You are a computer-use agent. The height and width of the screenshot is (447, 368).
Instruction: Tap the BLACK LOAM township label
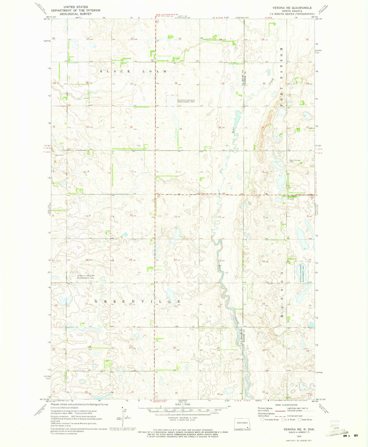click(133, 71)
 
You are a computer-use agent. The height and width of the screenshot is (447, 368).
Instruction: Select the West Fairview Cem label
click(295, 161)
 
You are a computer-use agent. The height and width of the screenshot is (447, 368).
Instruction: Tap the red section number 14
click(175, 260)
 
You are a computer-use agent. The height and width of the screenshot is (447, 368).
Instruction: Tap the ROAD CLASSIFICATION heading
click(286, 405)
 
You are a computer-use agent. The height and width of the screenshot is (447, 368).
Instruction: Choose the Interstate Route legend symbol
click(263, 420)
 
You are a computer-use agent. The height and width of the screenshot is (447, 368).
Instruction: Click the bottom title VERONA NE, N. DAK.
click(299, 429)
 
